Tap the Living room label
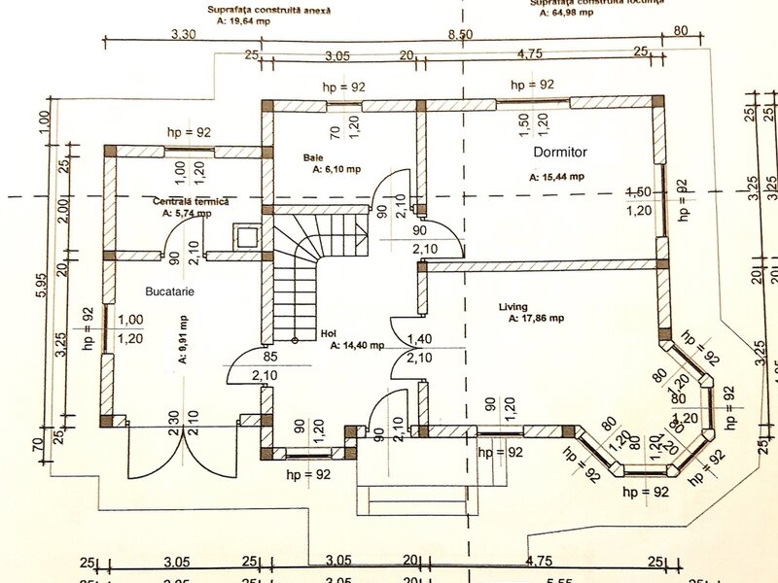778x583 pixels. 513,307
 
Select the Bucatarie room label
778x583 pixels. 170,291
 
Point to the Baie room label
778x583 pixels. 312,156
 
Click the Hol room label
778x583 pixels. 328,333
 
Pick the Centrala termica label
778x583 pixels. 191,200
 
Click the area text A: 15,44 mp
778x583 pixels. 556,178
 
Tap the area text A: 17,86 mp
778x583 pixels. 532,319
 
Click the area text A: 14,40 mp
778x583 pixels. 357,345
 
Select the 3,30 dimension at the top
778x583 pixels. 184,34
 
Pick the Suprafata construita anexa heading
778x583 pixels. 269,9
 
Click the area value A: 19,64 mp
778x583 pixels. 243,19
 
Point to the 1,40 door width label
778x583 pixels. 420,338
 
